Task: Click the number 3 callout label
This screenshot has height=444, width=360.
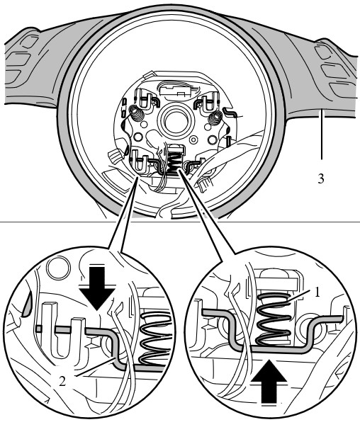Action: pyautogui.click(x=320, y=178)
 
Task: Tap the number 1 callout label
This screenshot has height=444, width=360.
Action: pyautogui.click(x=317, y=292)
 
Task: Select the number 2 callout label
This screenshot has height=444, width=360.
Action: pyautogui.click(x=62, y=381)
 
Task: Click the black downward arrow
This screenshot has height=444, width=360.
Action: pyautogui.click(x=97, y=288)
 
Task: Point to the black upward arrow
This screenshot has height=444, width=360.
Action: pyautogui.click(x=269, y=382)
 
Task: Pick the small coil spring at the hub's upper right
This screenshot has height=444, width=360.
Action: pyautogui.click(x=215, y=117)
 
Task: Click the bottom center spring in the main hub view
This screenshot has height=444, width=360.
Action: pyautogui.click(x=174, y=161)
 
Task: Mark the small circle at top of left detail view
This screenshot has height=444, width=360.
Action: pyautogui.click(x=58, y=267)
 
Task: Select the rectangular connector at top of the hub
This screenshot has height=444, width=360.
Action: pyautogui.click(x=174, y=91)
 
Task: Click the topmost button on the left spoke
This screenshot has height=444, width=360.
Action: pyautogui.click(x=28, y=42)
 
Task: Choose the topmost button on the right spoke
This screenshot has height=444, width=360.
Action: pyautogui.click(x=324, y=51)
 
